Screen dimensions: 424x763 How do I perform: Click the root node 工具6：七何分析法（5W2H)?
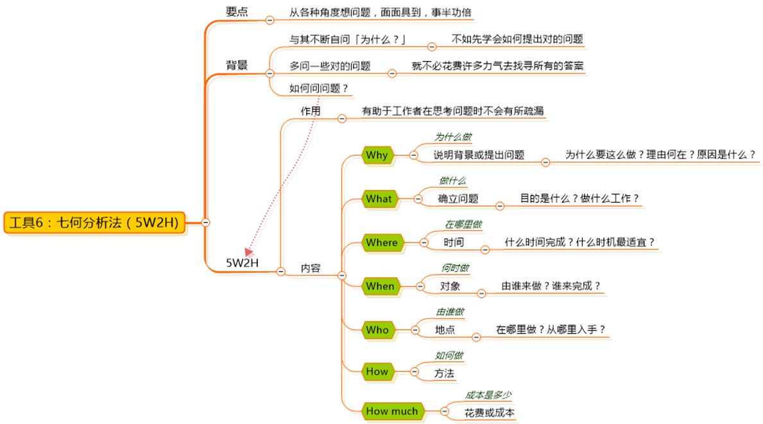pyautogui.click(x=94, y=222)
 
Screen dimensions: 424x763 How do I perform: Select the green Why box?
pyautogui.click(x=377, y=155)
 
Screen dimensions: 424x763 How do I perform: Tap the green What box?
pyautogui.click(x=379, y=199)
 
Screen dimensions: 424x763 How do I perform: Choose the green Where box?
pyautogui.click(x=382, y=242)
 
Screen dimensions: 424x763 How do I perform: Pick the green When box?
pyautogui.click(x=380, y=286)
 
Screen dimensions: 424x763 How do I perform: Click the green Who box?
pyautogui.click(x=377, y=330)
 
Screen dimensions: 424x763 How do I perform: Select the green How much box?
pyautogui.click(x=391, y=411)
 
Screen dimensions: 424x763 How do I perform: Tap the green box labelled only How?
pyautogui.click(x=377, y=371)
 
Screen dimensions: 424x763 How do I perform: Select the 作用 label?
pyautogui.click(x=311, y=111)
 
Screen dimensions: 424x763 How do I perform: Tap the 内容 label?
pyautogui.click(x=311, y=268)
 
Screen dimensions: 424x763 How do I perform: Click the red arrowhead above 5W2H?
pyautogui.click(x=248, y=251)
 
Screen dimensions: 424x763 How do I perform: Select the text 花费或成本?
pyautogui.click(x=489, y=412)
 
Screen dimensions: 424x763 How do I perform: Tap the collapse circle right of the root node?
pyautogui.click(x=205, y=222)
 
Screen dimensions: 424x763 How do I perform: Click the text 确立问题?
pyautogui.click(x=458, y=199)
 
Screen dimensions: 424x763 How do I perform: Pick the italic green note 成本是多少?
pyautogui.click(x=488, y=395)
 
